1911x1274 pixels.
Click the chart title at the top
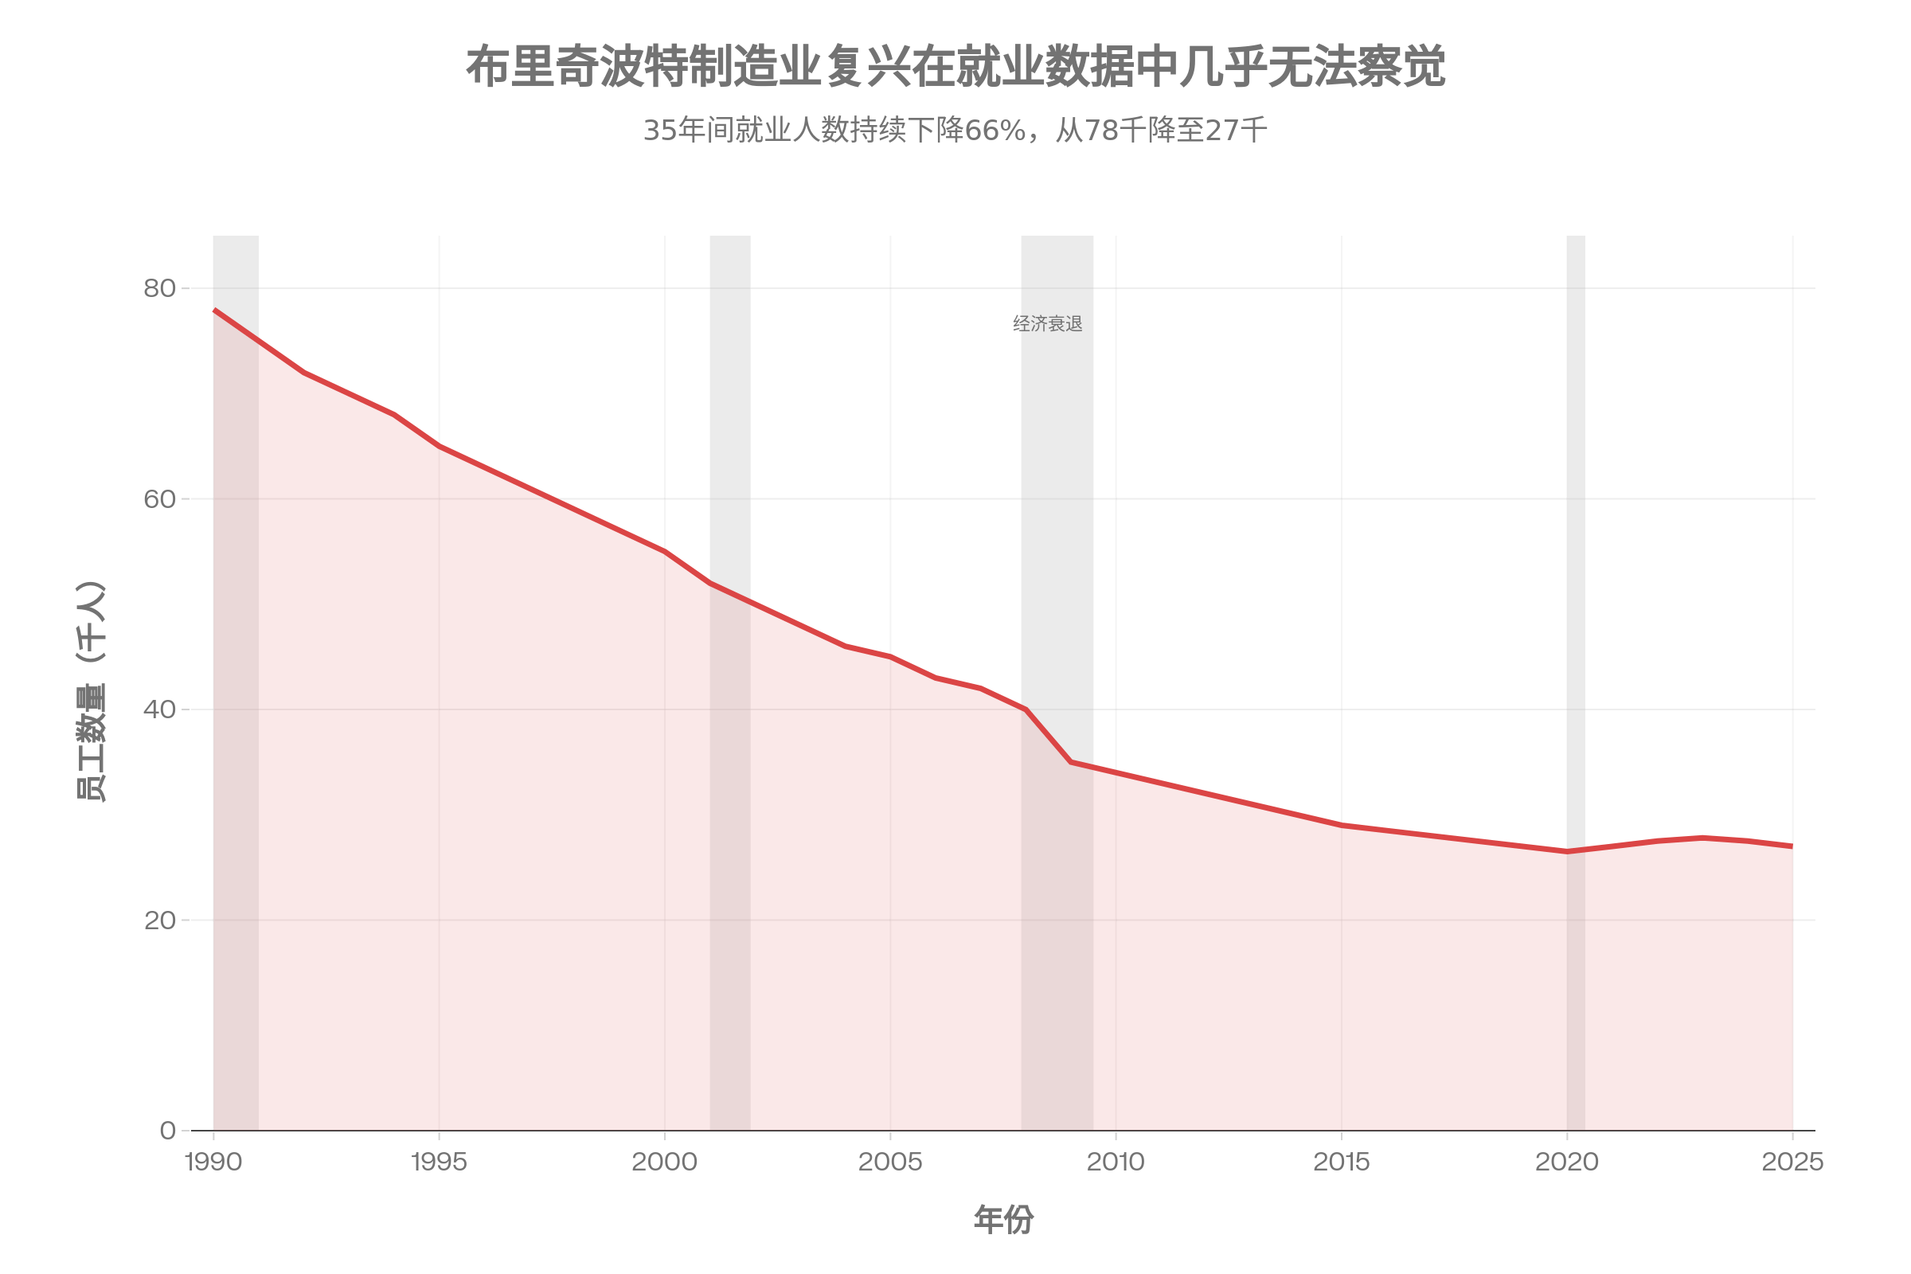pyautogui.click(x=955, y=67)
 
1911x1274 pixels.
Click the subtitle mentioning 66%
pyautogui.click(x=955, y=130)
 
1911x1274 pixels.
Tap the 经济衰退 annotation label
pyautogui.click(x=1047, y=324)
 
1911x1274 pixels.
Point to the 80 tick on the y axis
pyautogui.click(x=159, y=288)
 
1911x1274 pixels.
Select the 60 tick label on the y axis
pyautogui.click(x=159, y=499)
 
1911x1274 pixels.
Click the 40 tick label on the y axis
pyautogui.click(x=159, y=709)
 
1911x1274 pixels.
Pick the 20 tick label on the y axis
pyautogui.click(x=159, y=920)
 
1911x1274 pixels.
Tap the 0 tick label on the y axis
pyautogui.click(x=167, y=1130)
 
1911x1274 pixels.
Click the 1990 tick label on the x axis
pyautogui.click(x=213, y=1162)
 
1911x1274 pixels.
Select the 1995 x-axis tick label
pyautogui.click(x=439, y=1162)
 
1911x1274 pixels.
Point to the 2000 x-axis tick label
pyautogui.click(x=665, y=1162)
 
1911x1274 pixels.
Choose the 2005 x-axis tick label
pyautogui.click(x=890, y=1162)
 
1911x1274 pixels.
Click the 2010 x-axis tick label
pyautogui.click(x=1116, y=1162)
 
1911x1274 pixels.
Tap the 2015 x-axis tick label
pyautogui.click(x=1342, y=1162)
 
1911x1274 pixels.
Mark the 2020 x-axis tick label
pyautogui.click(x=1566, y=1162)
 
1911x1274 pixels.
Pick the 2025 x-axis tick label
pyautogui.click(x=1792, y=1162)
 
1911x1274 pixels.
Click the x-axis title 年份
pyautogui.click(x=1003, y=1221)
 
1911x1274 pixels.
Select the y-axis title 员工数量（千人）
pyautogui.click(x=91, y=692)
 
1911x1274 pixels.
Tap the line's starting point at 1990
pyautogui.click(x=213, y=310)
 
